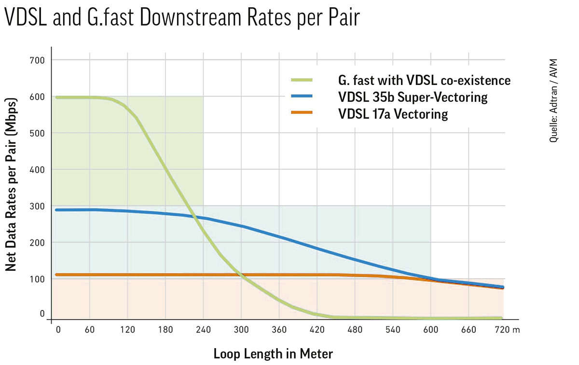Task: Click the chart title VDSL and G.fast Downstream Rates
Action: [182, 17]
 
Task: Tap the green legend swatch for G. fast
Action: [302, 80]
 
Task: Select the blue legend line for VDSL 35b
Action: [302, 96]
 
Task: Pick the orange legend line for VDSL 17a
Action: [302, 112]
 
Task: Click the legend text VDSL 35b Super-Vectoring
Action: [413, 97]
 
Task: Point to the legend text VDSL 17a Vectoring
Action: [393, 114]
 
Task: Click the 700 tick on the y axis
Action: [37, 60]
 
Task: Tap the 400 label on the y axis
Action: [37, 170]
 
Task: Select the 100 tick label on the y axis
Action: [37, 280]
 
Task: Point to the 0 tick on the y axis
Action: [42, 313]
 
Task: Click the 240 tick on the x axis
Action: [204, 330]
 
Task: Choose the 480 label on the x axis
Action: [355, 330]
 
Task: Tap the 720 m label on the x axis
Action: [507, 330]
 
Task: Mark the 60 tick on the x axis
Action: [90, 330]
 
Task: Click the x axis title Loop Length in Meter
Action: [273, 354]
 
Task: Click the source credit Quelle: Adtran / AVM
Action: [553, 100]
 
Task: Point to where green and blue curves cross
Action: [194, 216]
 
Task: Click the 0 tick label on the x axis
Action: [58, 330]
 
